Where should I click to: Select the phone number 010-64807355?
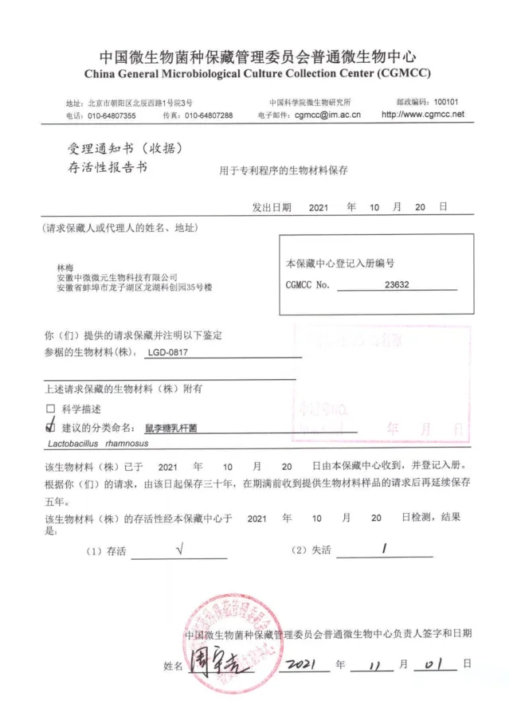tap(112, 115)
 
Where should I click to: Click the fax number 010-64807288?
tap(209, 115)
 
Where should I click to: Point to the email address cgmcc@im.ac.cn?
tap(327, 115)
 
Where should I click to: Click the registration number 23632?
tap(396, 284)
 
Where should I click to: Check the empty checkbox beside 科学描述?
tap(52, 409)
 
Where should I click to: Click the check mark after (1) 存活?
tap(182, 549)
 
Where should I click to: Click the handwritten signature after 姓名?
tap(218, 663)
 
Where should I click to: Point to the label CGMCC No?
tap(307, 284)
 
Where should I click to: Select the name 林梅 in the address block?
tap(65, 266)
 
